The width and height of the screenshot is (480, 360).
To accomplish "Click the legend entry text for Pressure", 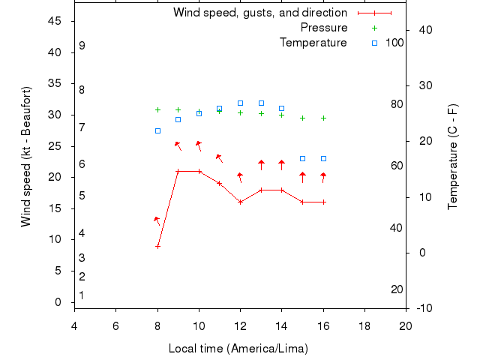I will tap(324, 28).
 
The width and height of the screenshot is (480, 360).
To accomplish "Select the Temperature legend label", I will tap(313, 43).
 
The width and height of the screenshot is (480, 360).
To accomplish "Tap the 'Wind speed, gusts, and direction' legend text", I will tap(260, 13).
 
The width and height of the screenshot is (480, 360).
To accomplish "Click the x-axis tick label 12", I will tap(240, 325).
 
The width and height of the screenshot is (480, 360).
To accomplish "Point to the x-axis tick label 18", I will tap(364, 325).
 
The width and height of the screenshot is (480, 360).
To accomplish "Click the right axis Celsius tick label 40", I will tap(424, 30).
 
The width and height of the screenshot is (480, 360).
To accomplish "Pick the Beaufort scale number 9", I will tap(82, 46).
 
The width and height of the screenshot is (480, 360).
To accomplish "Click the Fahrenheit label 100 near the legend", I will tap(394, 43).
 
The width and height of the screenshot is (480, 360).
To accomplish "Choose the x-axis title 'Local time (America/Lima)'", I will tap(238, 349).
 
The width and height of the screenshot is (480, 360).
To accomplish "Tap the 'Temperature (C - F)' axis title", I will tap(452, 157).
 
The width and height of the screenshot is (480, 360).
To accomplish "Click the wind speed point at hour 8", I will tap(157, 246).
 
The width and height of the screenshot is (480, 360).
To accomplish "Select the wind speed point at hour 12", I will tap(240, 202).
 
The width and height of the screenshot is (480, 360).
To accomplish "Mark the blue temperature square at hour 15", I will tap(302, 158).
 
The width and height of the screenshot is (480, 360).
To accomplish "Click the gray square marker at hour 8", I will tap(157, 130).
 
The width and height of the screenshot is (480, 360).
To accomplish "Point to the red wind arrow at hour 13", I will tap(261, 165).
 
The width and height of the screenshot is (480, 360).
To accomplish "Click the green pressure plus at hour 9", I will tap(178, 110).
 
